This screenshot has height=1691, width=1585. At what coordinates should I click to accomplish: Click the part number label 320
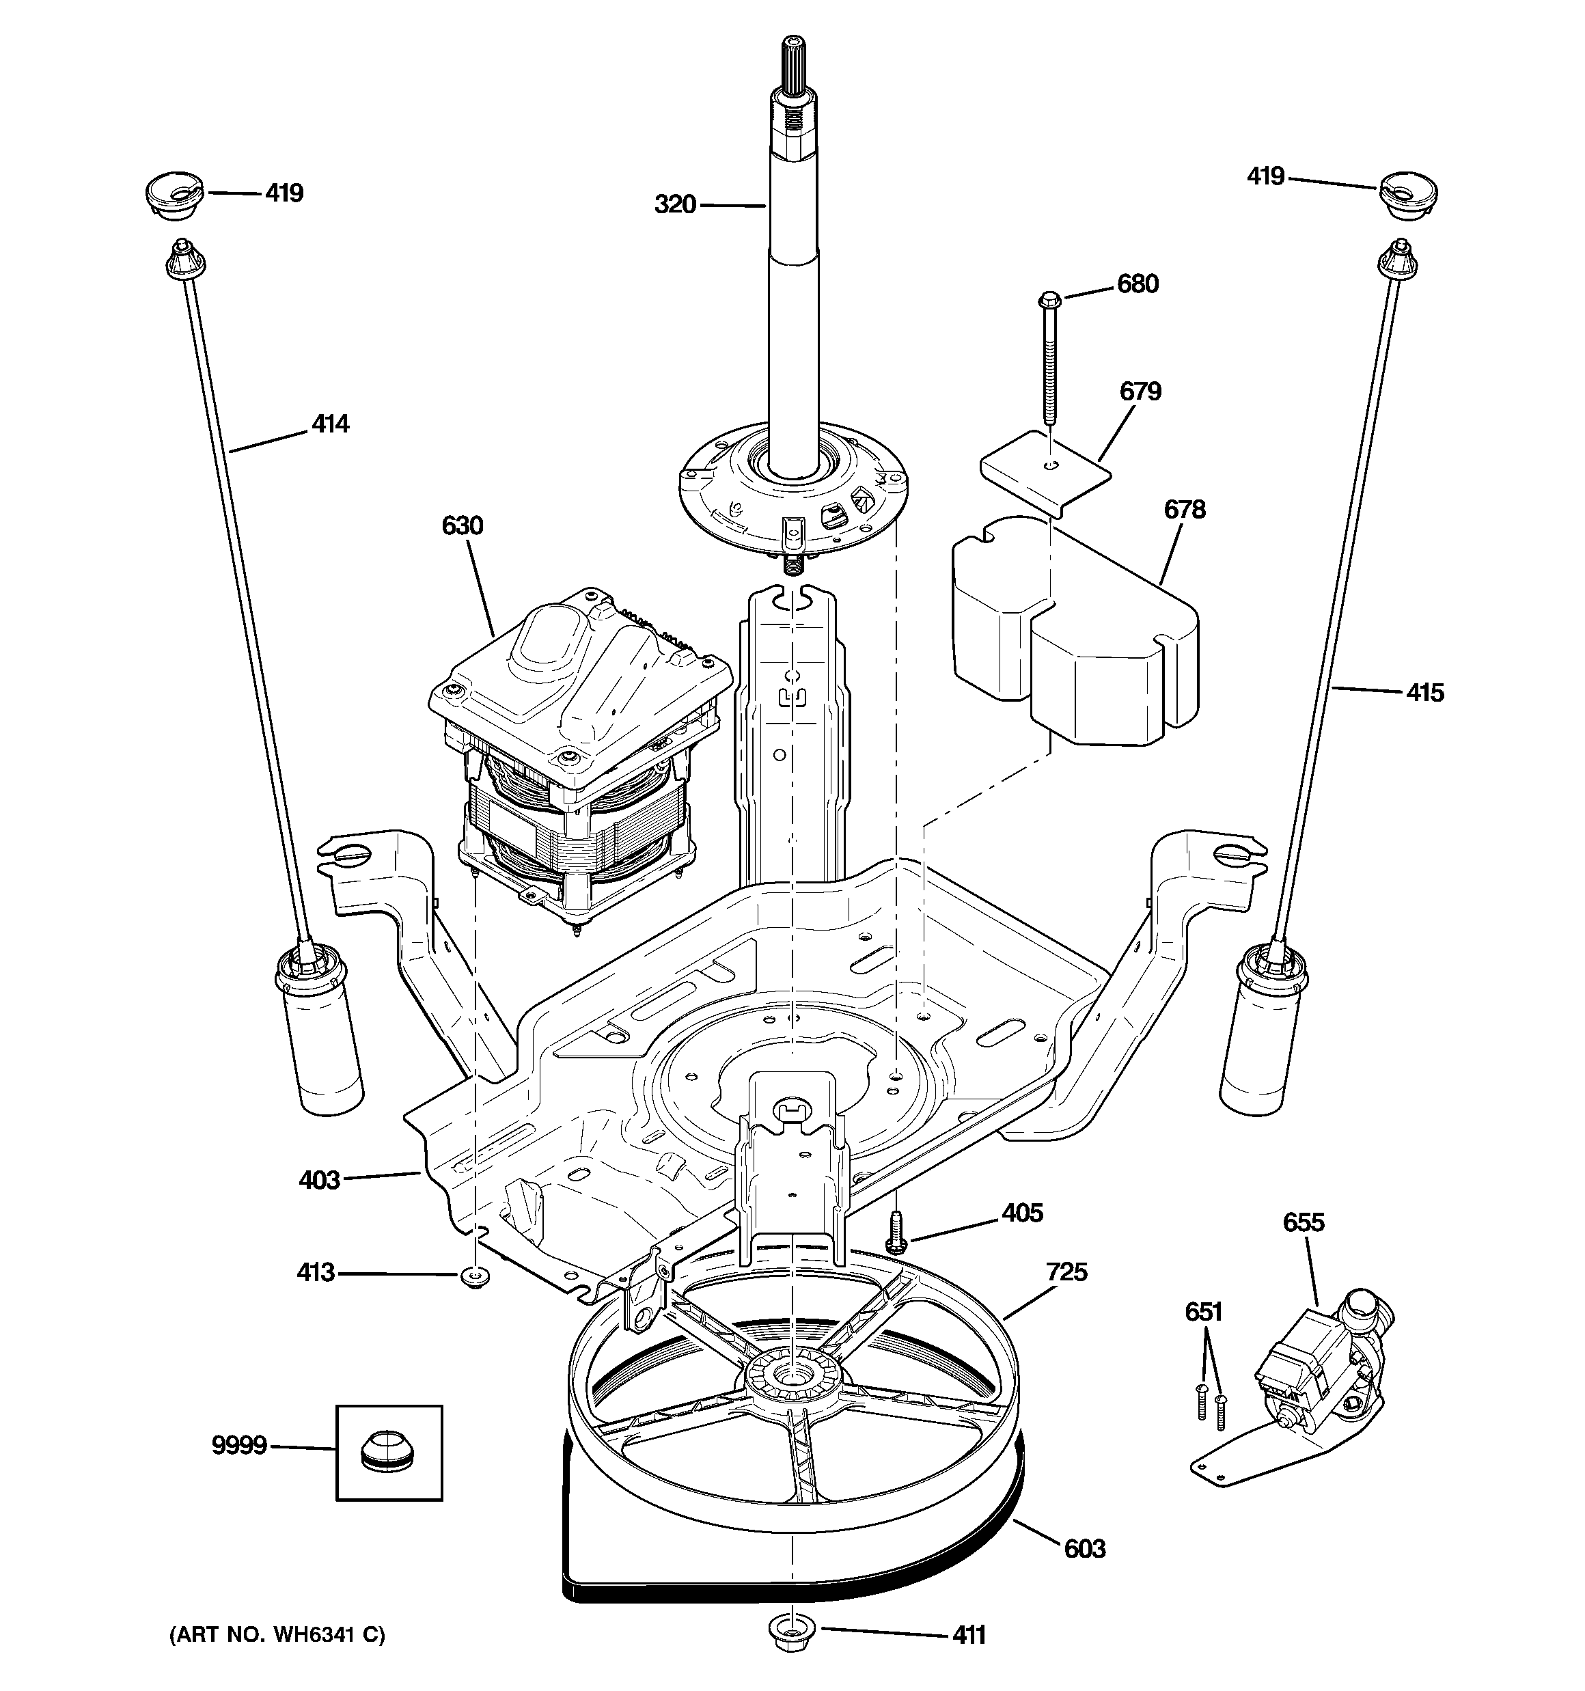[675, 205]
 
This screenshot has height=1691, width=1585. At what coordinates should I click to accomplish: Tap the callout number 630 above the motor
[462, 525]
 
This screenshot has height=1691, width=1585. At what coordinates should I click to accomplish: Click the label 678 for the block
[1184, 510]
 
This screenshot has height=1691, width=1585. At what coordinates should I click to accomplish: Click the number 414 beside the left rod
[330, 424]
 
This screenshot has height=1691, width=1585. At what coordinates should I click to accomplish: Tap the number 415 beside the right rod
[1424, 693]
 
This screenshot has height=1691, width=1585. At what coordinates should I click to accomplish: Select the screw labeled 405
[895, 1230]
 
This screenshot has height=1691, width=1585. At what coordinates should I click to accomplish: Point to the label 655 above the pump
[1304, 1223]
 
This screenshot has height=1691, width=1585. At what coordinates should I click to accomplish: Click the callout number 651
[1203, 1312]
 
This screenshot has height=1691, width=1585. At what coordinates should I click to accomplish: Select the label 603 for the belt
[1084, 1549]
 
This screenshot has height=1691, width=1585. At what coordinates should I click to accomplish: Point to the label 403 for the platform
[319, 1180]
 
